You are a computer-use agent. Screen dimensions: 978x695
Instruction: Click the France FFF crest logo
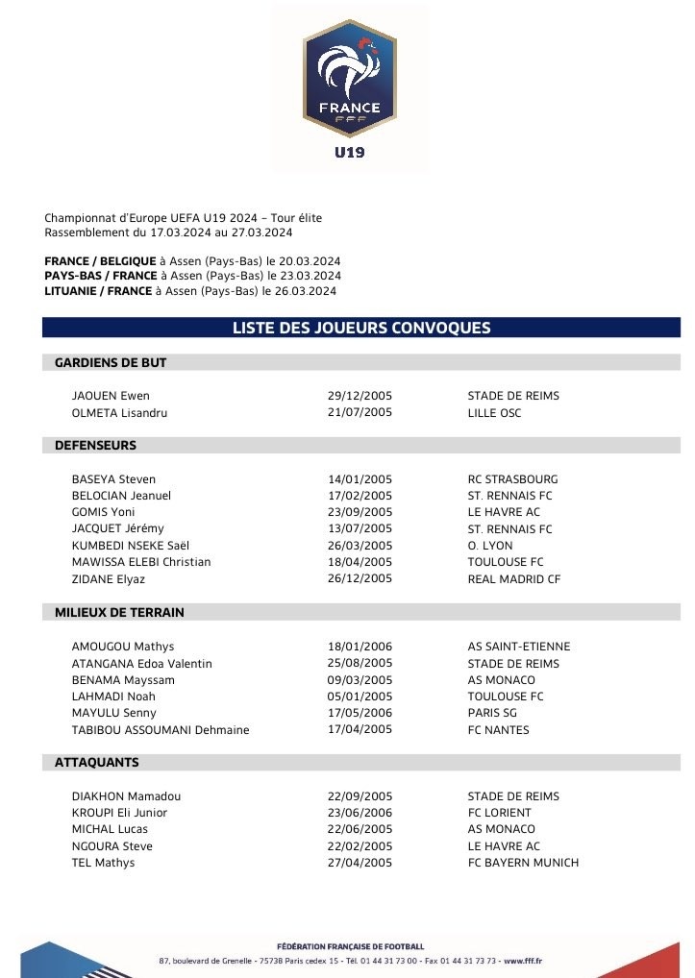[x=348, y=77]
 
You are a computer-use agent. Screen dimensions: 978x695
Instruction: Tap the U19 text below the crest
[x=349, y=152]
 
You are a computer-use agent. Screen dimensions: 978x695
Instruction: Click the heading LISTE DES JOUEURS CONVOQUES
[x=361, y=328]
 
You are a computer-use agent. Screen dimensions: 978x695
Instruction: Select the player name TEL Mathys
[x=104, y=863]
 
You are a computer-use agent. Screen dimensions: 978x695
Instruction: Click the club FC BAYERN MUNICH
[x=523, y=863]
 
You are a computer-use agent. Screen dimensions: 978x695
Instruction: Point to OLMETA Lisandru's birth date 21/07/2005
[x=360, y=413]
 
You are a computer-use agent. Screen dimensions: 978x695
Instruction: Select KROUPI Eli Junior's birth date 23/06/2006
[x=360, y=813]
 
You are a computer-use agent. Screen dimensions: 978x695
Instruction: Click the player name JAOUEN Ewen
[x=111, y=396]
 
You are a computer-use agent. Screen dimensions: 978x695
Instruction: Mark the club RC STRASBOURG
[x=512, y=479]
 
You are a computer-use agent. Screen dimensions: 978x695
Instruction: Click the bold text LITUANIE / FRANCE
[x=98, y=291]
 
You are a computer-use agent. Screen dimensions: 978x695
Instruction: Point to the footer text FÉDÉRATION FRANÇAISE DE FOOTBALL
[x=349, y=946]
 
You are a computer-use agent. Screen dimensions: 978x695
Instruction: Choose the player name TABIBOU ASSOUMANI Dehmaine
[x=161, y=730]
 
